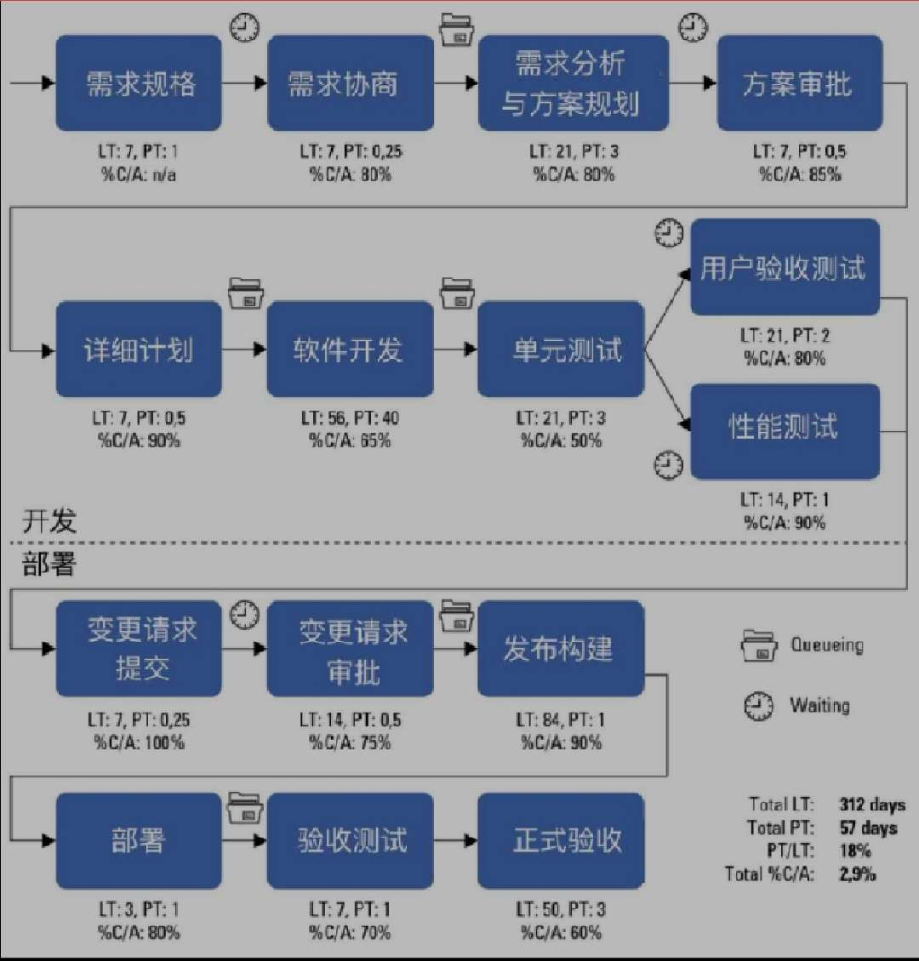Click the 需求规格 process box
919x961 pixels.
(x=139, y=83)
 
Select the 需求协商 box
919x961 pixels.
(x=350, y=83)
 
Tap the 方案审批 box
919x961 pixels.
(x=798, y=83)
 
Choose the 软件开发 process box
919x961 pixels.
(x=350, y=350)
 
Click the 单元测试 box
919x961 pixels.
(x=561, y=350)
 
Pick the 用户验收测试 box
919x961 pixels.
(x=784, y=268)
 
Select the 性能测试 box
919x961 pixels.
(x=784, y=430)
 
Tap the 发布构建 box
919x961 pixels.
(x=561, y=649)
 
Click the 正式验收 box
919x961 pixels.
(x=561, y=841)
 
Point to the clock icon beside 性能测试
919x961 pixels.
(x=669, y=464)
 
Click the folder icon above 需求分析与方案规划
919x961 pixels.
(x=458, y=29)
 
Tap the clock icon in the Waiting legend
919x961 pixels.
(x=758, y=706)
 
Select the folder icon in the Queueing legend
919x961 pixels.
(x=758, y=646)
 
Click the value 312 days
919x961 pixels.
(x=872, y=805)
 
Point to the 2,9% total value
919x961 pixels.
(x=857, y=873)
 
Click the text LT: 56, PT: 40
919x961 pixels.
(x=350, y=418)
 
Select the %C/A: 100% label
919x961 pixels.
(x=139, y=742)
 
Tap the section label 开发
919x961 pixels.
(x=49, y=521)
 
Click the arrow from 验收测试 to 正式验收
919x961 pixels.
(x=455, y=841)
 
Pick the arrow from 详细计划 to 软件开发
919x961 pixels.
(x=244, y=350)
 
